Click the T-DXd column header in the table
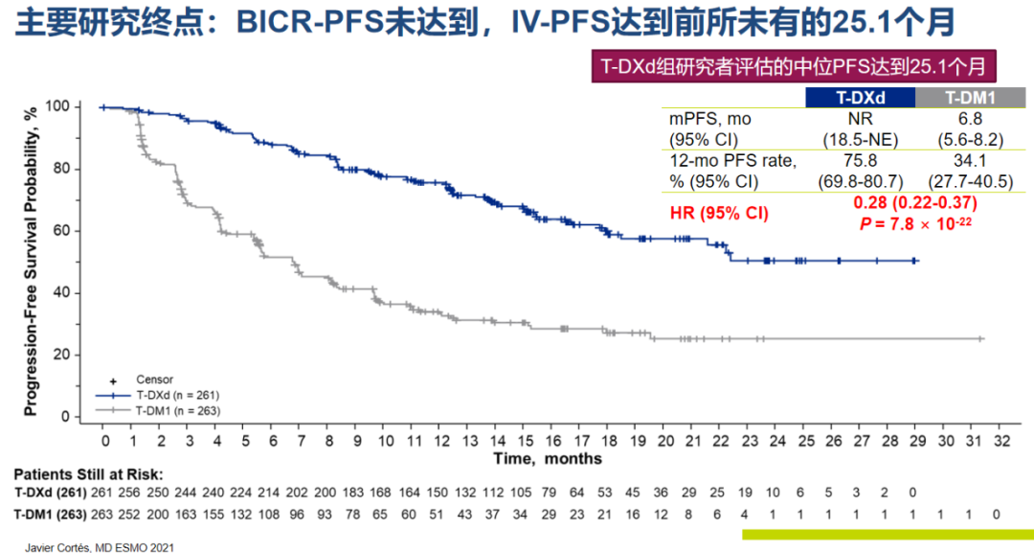[x=861, y=97]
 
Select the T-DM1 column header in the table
[x=970, y=97]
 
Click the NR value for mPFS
[x=860, y=119]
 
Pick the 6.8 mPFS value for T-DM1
[x=970, y=119]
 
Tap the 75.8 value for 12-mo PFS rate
[x=860, y=161]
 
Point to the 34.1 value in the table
[x=970, y=161]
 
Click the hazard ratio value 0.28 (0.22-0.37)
[x=913, y=203]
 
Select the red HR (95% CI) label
[x=718, y=213]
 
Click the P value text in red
[x=913, y=223]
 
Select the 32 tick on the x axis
[x=1002, y=441]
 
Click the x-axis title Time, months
[x=548, y=459]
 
